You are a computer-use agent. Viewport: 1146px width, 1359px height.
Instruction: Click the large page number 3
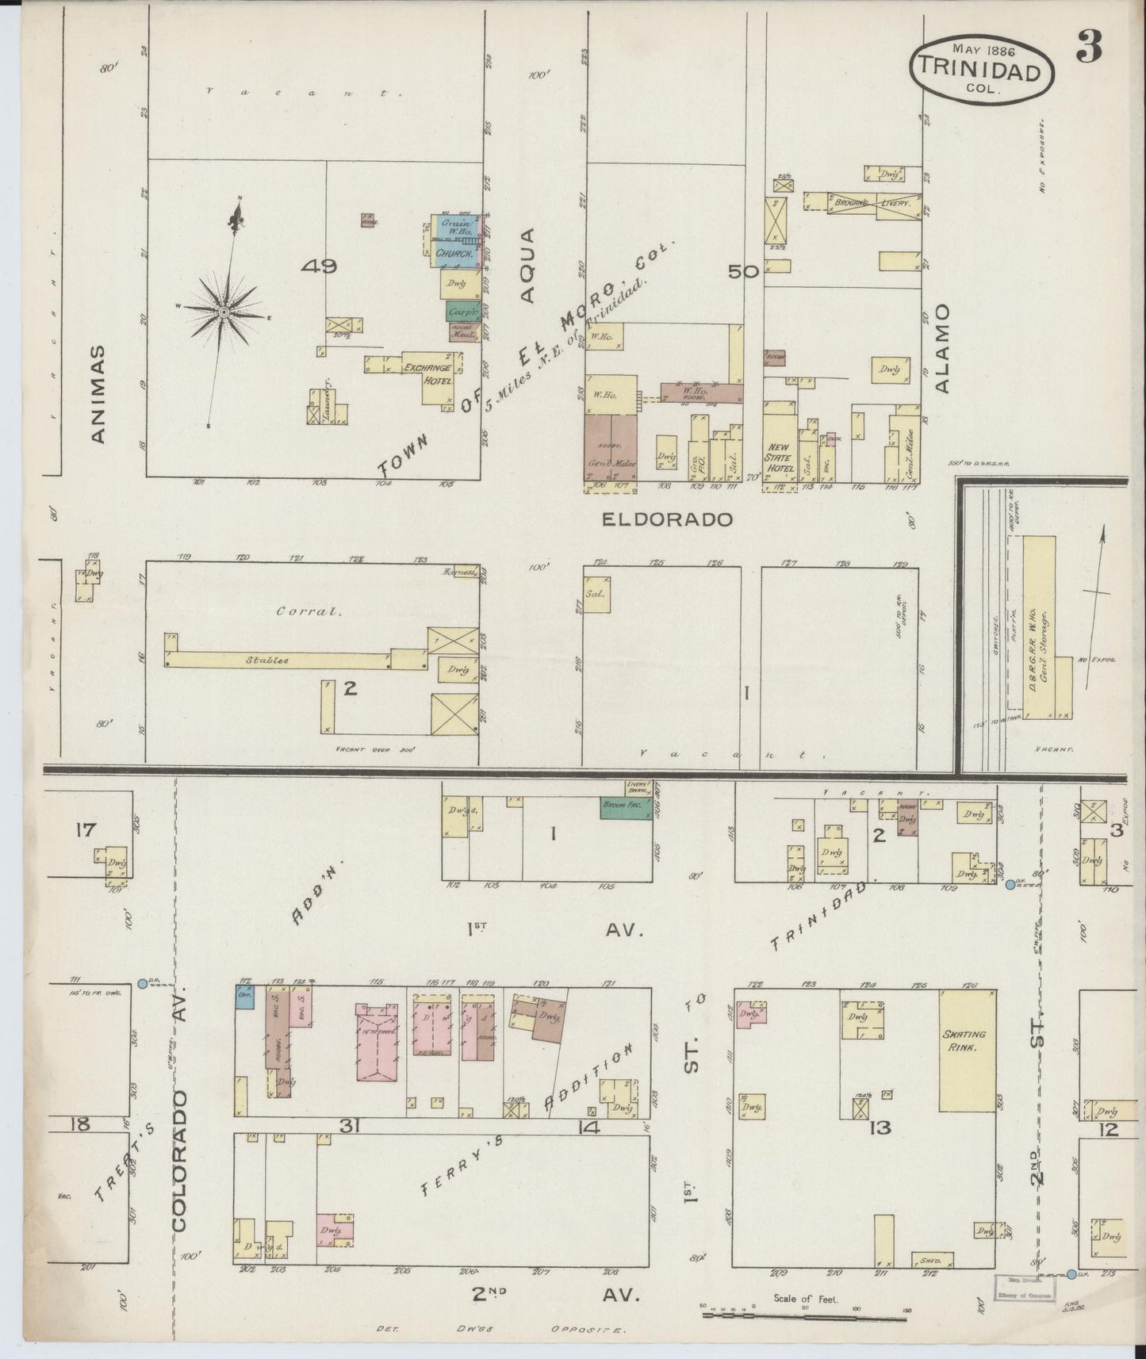1088,49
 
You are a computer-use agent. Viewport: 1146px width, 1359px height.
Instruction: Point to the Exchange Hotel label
428,374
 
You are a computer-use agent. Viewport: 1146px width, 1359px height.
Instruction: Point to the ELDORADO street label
666,520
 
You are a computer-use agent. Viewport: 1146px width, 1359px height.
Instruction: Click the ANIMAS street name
98,392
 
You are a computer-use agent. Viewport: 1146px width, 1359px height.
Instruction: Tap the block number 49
319,266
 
